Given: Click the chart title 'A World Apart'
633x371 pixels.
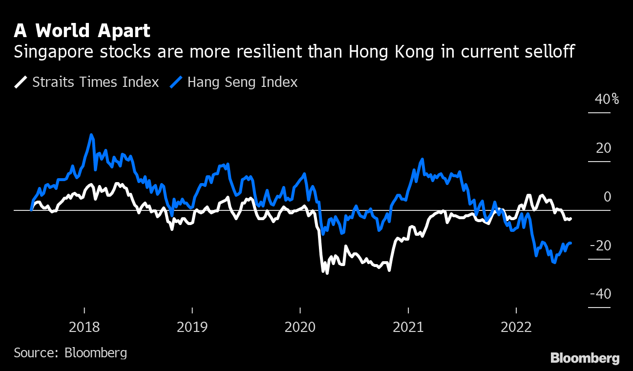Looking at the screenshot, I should click(x=82, y=31).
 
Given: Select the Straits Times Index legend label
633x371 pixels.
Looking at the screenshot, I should click(x=95, y=82).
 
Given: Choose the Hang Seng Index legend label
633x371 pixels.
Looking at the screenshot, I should click(x=242, y=82).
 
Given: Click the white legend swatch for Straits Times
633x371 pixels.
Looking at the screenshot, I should click(x=21, y=82).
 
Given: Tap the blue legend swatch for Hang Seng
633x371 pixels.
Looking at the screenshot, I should click(x=177, y=82).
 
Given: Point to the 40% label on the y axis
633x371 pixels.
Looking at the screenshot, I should click(x=607, y=100).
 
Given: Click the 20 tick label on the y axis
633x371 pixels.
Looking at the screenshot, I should click(x=603, y=148).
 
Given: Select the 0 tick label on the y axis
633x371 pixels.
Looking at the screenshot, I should click(x=608, y=197).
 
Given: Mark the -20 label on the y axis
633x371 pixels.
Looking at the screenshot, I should click(x=600, y=246).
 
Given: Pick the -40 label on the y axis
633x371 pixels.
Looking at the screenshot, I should click(x=600, y=294).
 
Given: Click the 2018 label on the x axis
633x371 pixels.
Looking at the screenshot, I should click(x=84, y=327).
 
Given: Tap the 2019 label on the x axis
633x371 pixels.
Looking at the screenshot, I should click(x=192, y=327).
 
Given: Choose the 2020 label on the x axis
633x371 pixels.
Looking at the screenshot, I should click(x=300, y=327).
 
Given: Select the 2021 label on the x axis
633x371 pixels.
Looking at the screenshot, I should click(x=408, y=327).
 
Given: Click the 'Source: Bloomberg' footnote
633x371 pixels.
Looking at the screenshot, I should click(x=70, y=352).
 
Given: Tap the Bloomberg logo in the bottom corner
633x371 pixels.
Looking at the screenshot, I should click(x=585, y=358).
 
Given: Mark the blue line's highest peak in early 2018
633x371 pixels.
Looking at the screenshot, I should click(x=91, y=135).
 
